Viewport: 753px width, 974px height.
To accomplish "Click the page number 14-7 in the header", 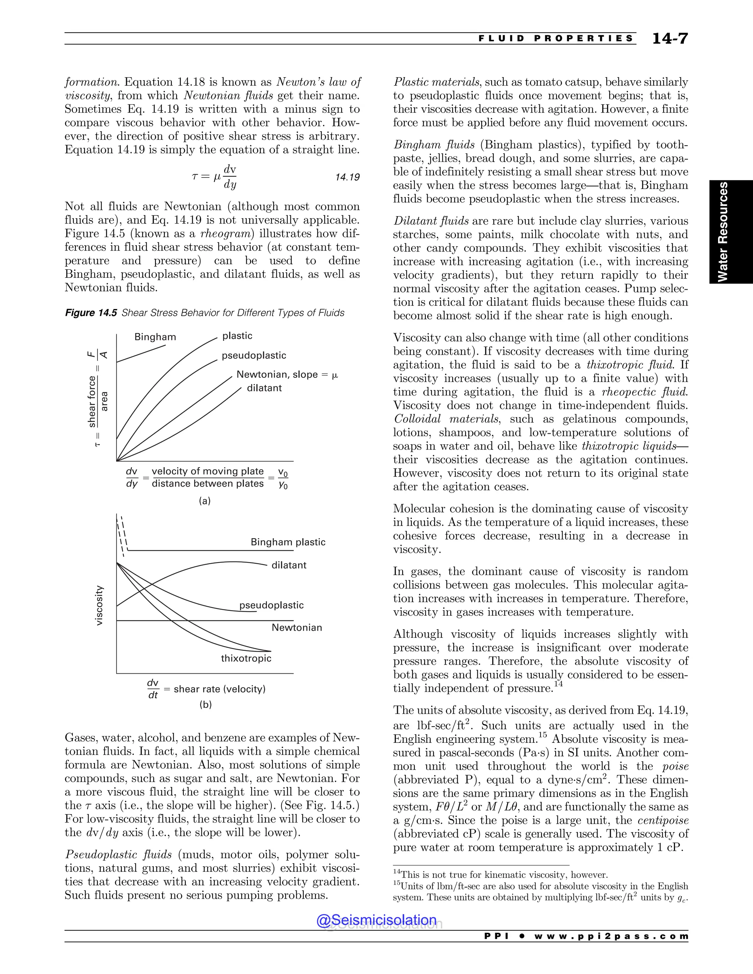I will pos(670,39).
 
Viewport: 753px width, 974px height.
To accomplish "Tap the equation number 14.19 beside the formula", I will pos(347,178).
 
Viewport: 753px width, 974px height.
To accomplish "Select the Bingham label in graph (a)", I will pos(155,337).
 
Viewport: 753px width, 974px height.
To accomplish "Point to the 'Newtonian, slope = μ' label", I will pos(287,375).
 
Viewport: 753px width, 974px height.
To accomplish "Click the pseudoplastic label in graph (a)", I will pos(254,355).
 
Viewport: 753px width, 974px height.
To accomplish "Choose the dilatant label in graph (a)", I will pos(264,388).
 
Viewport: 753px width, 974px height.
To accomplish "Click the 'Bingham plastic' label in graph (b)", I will pos(288,542).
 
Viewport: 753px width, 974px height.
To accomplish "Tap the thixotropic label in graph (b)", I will pos(246,659).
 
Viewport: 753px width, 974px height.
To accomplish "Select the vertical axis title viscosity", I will pos(100,605).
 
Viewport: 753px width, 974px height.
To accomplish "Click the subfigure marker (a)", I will pos(204,501).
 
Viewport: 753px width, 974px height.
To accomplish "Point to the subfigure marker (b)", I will pos(205,705).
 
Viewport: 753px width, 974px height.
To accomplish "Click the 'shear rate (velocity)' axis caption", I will pos(220,689).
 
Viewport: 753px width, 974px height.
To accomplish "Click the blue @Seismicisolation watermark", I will pos(376,920).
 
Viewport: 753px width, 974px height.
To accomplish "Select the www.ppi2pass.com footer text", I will pos(611,936).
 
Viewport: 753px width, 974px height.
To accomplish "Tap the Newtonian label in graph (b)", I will pos(297,628).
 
